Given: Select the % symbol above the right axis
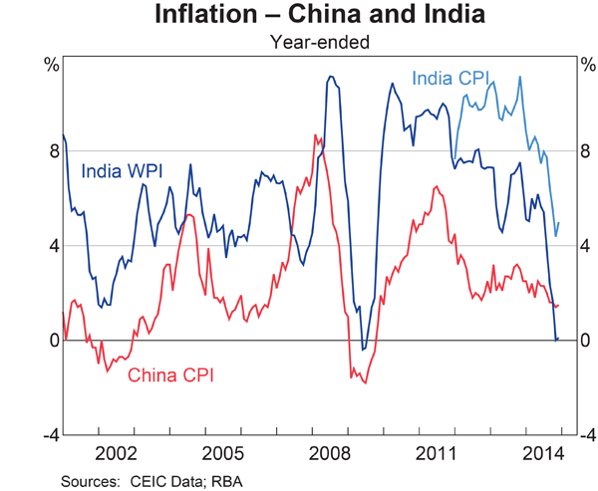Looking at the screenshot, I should pyautogui.click(x=586, y=65).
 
